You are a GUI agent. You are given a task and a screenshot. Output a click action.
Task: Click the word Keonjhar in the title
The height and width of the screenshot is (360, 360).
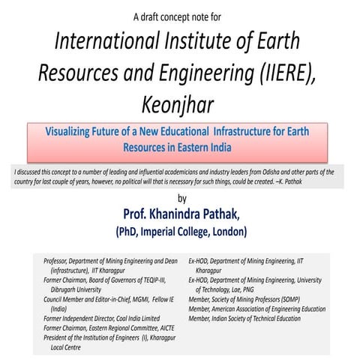[x=180, y=104]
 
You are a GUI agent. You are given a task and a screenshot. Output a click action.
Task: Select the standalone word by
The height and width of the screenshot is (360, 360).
[x=180, y=198]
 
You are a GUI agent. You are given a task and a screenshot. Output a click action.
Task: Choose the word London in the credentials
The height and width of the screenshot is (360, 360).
[x=229, y=229]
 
